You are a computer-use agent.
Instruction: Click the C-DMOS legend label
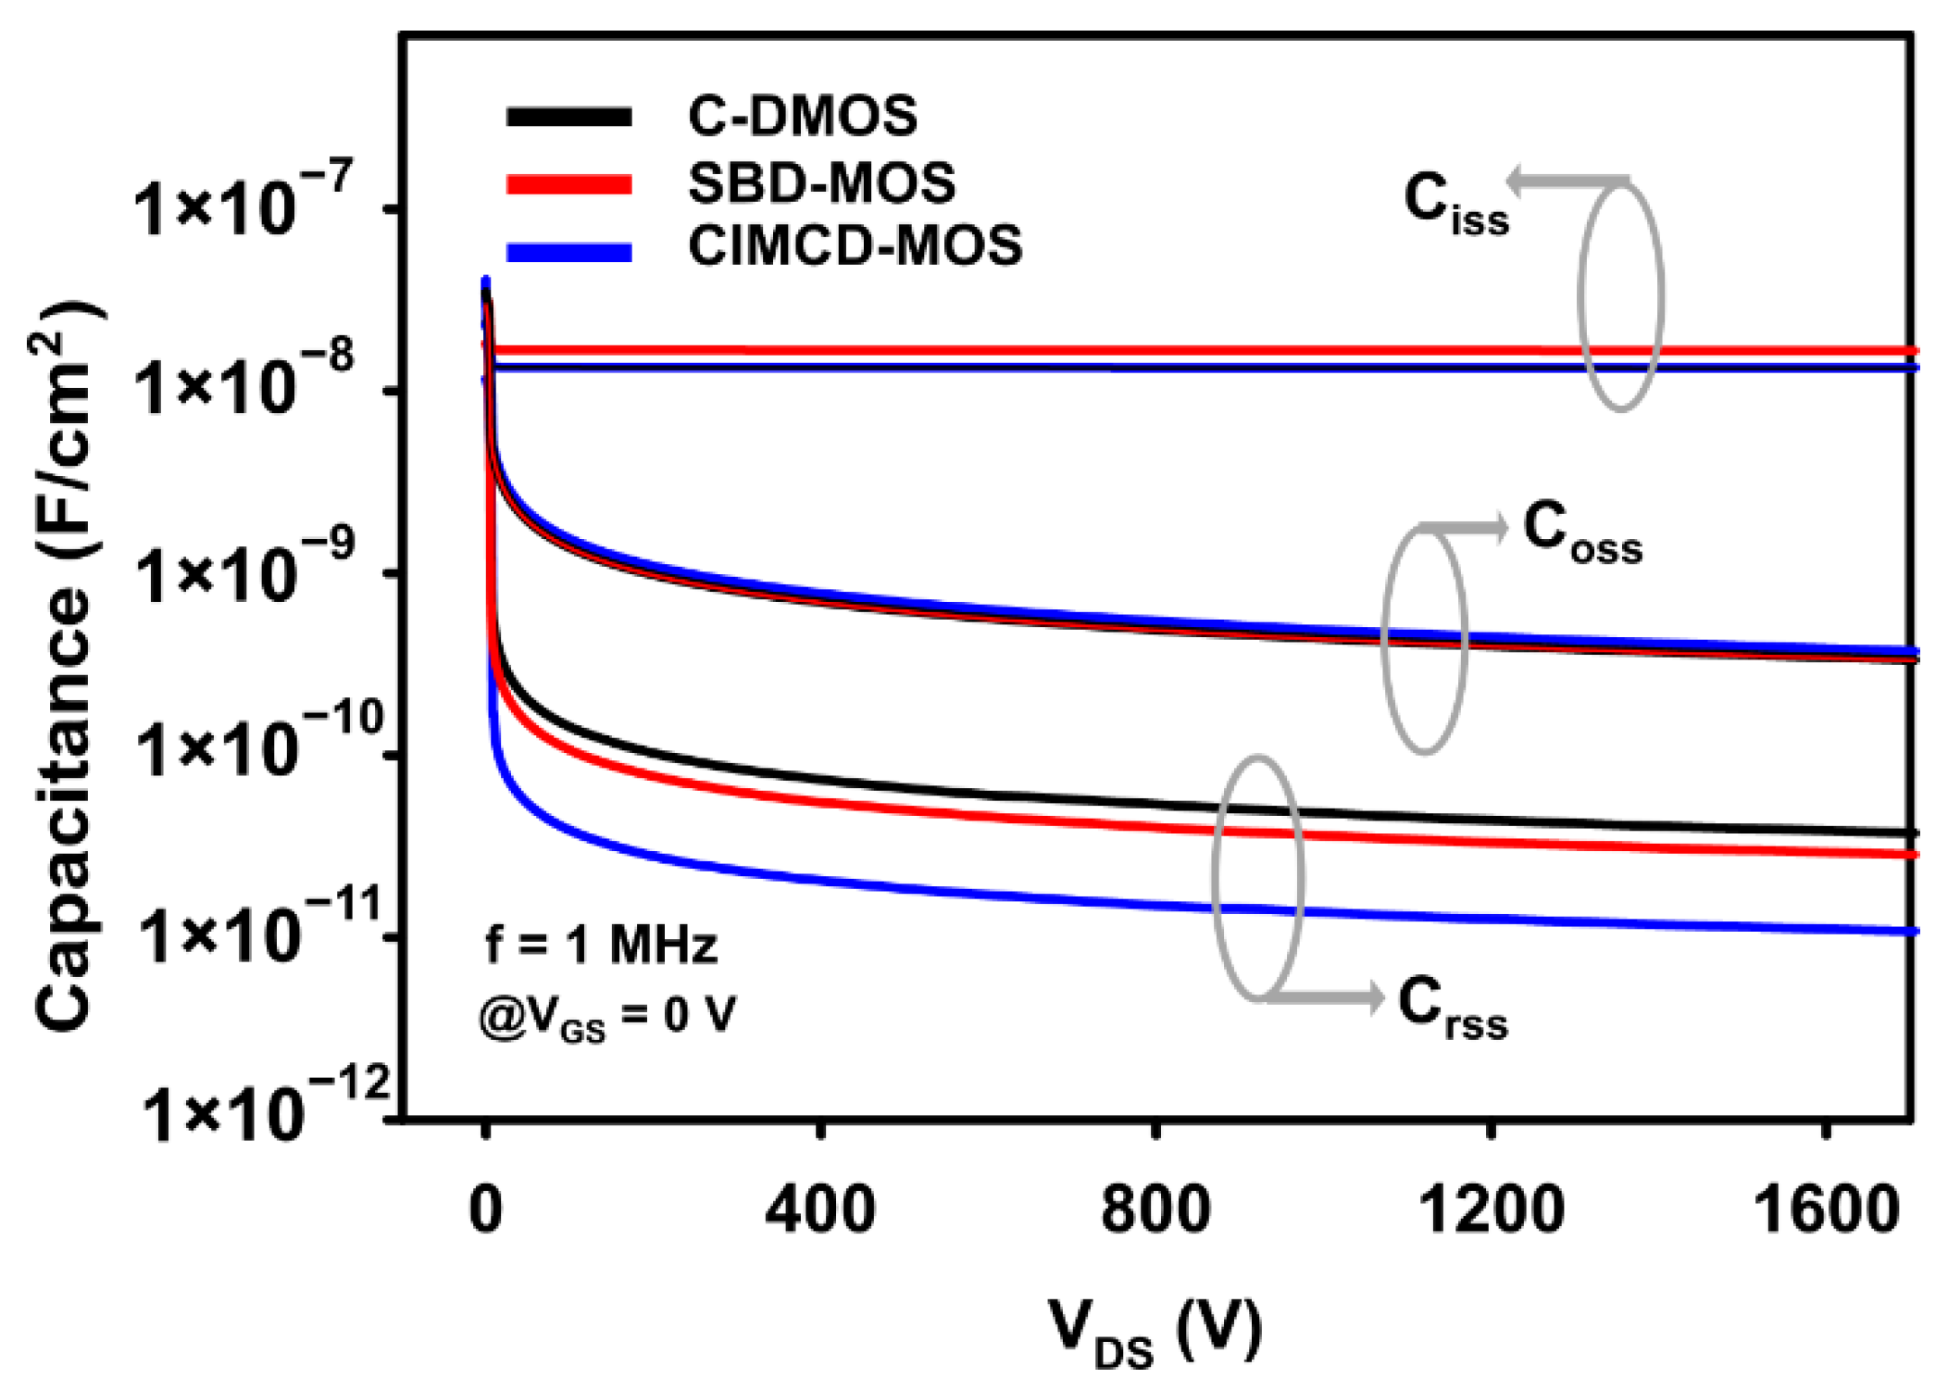click(802, 117)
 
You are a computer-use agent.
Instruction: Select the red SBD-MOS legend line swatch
click(568, 183)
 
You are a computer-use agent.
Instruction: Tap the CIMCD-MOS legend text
click(854, 246)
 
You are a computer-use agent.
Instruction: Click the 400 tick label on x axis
click(819, 1210)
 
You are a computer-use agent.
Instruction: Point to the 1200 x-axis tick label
click(1490, 1210)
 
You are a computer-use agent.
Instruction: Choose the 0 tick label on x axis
click(485, 1210)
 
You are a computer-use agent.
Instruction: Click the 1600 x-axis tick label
click(1825, 1210)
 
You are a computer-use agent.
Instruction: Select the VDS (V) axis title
click(1155, 1334)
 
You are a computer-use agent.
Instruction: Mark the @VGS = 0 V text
click(606, 1016)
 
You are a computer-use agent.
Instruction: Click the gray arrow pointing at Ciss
click(1565, 180)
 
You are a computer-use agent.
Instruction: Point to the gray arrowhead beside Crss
click(1370, 996)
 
